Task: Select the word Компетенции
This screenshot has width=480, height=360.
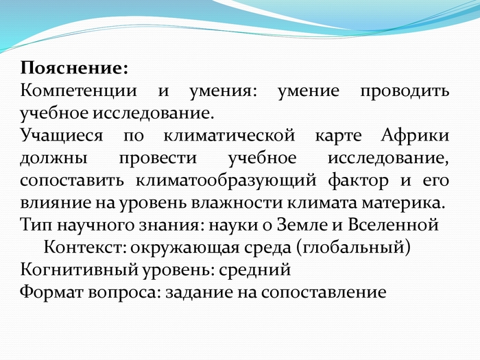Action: (x=78, y=91)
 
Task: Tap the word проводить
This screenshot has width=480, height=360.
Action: (x=405, y=91)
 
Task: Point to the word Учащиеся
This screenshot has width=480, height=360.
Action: (x=62, y=136)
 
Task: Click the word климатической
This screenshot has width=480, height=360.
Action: (x=229, y=136)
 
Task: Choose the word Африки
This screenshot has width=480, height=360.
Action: (x=415, y=136)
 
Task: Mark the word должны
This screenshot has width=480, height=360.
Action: (x=54, y=158)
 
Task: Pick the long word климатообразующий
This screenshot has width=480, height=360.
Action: (x=226, y=181)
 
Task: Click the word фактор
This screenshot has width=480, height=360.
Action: (x=358, y=181)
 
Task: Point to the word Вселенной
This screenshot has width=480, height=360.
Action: (x=394, y=225)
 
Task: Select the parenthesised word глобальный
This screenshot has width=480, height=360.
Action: (x=353, y=248)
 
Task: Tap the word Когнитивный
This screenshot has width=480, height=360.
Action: (x=80, y=269)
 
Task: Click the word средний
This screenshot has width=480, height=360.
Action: (x=255, y=270)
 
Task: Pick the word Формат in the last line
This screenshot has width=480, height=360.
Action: (x=51, y=292)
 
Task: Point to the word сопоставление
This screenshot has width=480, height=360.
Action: (x=324, y=293)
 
